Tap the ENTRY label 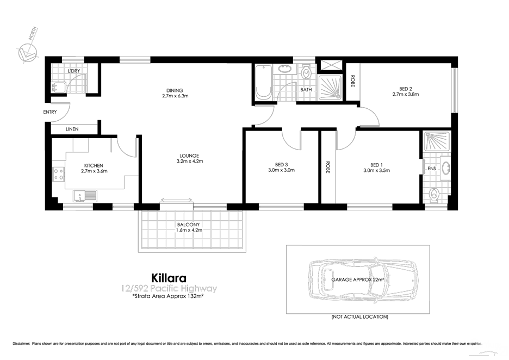pyautogui.click(x=50, y=112)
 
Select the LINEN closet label pyautogui.click(x=72, y=129)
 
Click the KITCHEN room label pyautogui.click(x=94, y=165)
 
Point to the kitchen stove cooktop pyautogui.click(x=59, y=174)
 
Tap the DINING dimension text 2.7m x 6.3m pyautogui.click(x=175, y=96)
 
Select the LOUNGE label pyautogui.click(x=190, y=156)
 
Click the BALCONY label pyautogui.click(x=189, y=224)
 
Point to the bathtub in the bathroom pyautogui.click(x=263, y=83)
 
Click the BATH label pyautogui.click(x=306, y=90)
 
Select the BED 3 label pyautogui.click(x=281, y=165)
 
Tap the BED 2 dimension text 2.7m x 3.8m pyautogui.click(x=405, y=94)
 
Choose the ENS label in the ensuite pyautogui.click(x=431, y=169)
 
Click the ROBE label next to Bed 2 pyautogui.click(x=352, y=81)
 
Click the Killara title pyautogui.click(x=170, y=278)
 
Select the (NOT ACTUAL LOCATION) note pyautogui.click(x=359, y=316)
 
